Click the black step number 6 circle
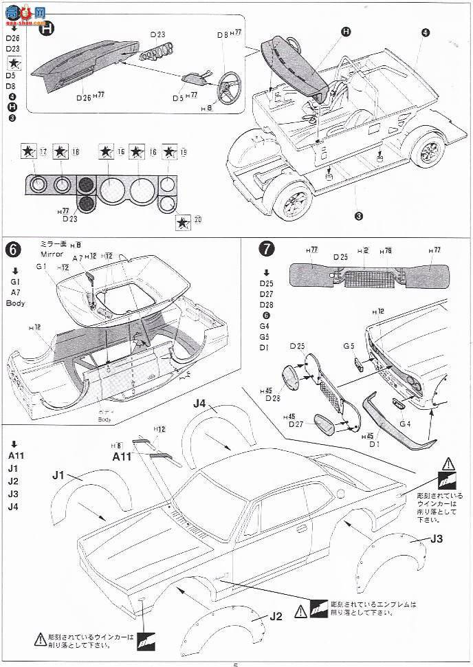[x=12, y=248]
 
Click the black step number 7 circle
[x=265, y=248]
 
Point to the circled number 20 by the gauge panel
[x=199, y=221]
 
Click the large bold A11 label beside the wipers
[x=121, y=455]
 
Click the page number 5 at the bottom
[x=236, y=664]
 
